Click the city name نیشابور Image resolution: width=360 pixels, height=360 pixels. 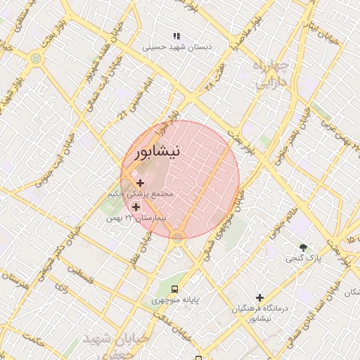156,151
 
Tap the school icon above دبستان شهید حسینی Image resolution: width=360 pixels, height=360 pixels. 176,36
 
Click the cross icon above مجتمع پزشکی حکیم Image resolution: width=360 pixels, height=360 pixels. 140,183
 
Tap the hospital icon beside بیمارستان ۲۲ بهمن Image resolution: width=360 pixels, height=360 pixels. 136,207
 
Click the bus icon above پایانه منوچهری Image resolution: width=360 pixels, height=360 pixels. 174,288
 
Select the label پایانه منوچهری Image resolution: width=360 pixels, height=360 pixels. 176,300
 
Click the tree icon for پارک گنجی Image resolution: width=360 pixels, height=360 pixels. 303,247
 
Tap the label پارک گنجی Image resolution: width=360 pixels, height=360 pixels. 303,259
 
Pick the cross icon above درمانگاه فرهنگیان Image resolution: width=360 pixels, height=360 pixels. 259,298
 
